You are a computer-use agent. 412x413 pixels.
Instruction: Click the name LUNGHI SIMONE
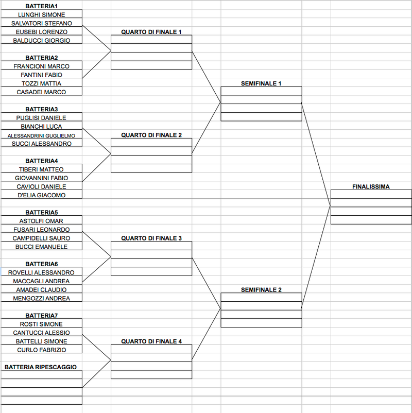[x=41, y=15]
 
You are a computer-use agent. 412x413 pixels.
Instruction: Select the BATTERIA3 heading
[x=41, y=109]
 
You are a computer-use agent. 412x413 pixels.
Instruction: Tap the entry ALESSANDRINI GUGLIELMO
[x=41, y=136]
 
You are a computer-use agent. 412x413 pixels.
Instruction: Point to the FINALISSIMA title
[x=371, y=187]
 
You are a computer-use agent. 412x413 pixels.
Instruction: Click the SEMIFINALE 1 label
[x=261, y=83]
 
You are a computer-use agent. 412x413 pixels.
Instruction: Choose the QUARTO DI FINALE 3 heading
[x=151, y=238]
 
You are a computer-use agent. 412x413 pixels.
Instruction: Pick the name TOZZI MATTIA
[x=41, y=83]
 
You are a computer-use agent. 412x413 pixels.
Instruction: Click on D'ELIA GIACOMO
[x=41, y=195]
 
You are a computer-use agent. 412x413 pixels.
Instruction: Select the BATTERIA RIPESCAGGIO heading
[x=41, y=367]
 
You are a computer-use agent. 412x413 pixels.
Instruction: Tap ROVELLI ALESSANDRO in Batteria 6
[x=41, y=272]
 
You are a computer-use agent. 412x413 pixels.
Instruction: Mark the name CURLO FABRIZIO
[x=41, y=350]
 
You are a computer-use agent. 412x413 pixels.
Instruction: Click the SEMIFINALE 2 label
[x=261, y=290]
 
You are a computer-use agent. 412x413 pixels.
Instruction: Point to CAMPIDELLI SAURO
[x=41, y=238]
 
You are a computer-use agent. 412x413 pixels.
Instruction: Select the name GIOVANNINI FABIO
[x=41, y=178]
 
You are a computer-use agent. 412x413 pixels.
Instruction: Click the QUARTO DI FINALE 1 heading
[x=151, y=32]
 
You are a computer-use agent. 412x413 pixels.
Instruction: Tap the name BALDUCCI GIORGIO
[x=41, y=41]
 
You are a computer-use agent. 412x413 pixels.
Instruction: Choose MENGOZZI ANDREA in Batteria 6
[x=41, y=299]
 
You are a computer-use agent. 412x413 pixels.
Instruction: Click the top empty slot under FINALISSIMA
[x=371, y=194]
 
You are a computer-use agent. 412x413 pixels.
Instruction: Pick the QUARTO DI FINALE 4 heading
[x=151, y=341]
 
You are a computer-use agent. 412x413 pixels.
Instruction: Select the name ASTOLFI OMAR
[x=41, y=221]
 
